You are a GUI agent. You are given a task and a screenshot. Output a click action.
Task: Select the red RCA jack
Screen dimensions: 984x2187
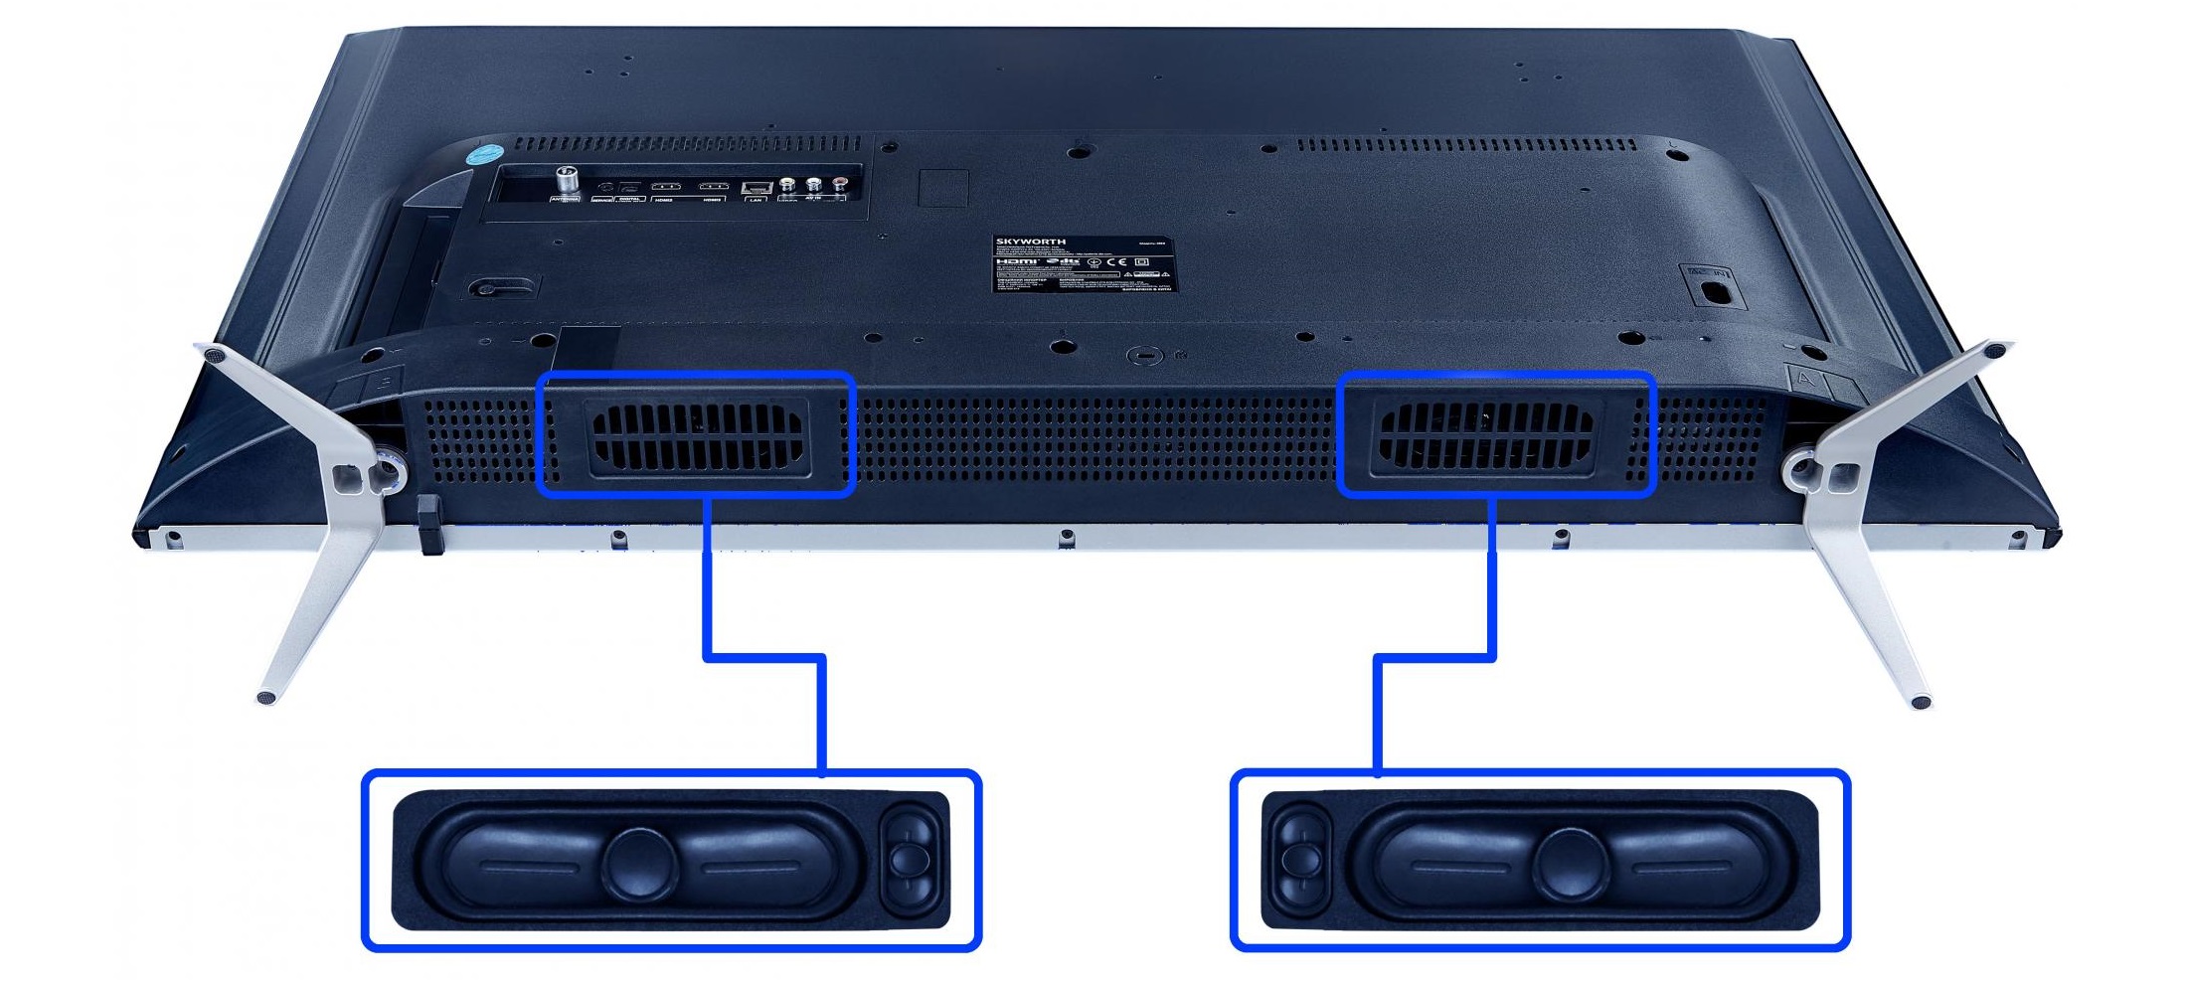pyautogui.click(x=841, y=184)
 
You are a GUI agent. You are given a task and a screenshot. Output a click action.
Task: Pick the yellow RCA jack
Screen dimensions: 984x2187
pyautogui.click(x=788, y=184)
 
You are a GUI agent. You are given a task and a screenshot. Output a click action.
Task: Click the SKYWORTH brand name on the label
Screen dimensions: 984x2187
pyautogui.click(x=1031, y=242)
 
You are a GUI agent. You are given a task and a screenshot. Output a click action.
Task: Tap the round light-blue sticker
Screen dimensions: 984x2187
pyautogui.click(x=486, y=156)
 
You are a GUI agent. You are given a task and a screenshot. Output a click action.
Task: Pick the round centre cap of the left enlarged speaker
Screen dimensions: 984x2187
pyautogui.click(x=639, y=861)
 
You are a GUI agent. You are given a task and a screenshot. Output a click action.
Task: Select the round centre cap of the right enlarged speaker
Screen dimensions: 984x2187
pyautogui.click(x=1571, y=861)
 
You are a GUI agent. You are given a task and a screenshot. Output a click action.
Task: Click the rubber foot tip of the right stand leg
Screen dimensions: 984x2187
pyautogui.click(x=1921, y=703)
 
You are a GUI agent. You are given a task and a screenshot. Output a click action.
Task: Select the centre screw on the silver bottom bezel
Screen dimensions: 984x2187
pyautogui.click(x=1067, y=537)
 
